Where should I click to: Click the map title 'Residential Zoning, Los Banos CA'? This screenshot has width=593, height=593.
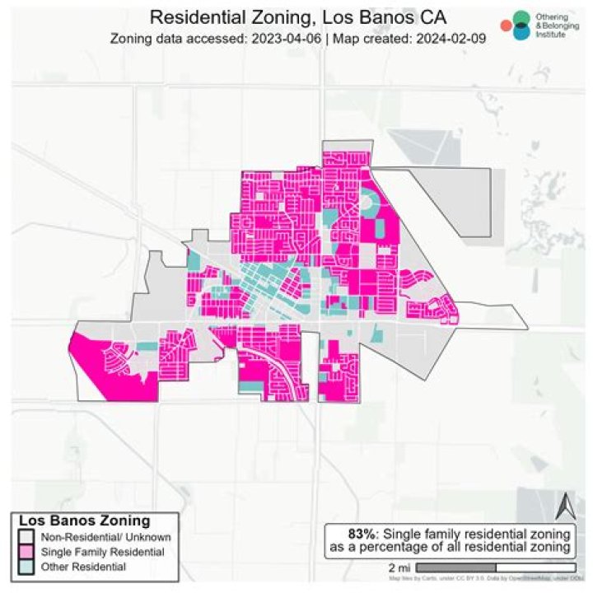coord(297,18)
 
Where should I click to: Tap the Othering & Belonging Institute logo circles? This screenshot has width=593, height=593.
coord(519,26)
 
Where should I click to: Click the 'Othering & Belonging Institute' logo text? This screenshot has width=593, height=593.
coord(558,26)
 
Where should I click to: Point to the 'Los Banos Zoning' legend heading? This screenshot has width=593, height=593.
coord(84,521)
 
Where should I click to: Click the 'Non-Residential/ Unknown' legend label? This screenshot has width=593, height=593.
coord(91,536)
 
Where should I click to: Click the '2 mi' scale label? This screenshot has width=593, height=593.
coord(399,568)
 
